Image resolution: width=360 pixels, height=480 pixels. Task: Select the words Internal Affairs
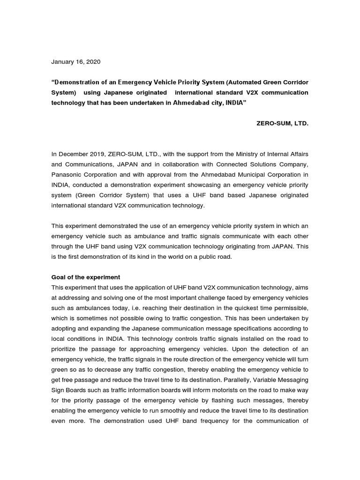[x=288, y=153]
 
